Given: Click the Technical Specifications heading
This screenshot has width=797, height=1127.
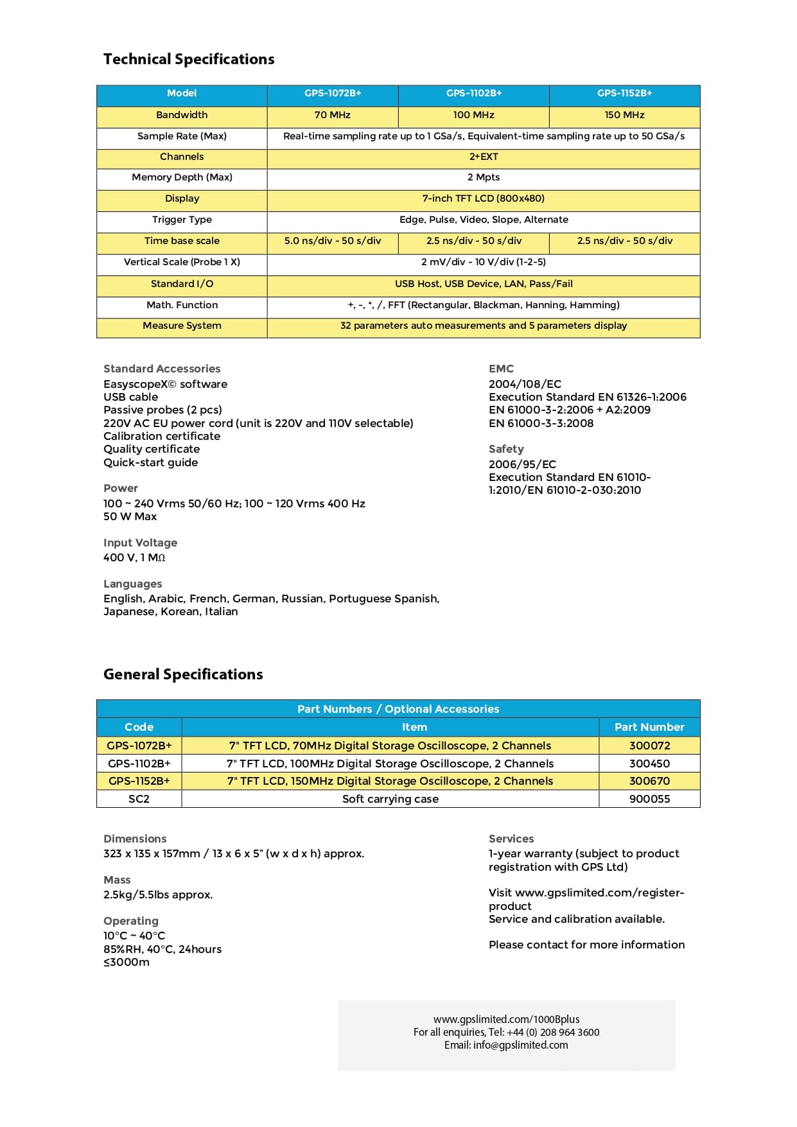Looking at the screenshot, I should click(189, 59).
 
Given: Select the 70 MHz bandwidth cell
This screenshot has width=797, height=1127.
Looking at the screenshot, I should click(332, 115).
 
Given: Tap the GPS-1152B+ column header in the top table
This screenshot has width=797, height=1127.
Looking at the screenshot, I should click(624, 93).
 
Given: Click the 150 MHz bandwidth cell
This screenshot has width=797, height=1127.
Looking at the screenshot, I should click(624, 115).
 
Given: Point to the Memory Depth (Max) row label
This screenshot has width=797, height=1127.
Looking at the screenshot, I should click(182, 177).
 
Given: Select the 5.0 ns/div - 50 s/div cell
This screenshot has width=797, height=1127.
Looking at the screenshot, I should click(332, 241).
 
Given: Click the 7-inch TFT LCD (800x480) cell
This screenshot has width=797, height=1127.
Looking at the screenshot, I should click(483, 198).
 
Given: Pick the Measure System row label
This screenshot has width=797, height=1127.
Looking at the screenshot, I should click(182, 326).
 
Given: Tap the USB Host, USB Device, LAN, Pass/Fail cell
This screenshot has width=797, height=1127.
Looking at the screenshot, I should click(483, 284).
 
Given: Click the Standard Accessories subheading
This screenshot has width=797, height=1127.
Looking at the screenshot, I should click(162, 369).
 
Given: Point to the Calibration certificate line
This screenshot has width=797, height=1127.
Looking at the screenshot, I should click(162, 436).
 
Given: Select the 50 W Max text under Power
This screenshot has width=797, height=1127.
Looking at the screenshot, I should click(130, 516).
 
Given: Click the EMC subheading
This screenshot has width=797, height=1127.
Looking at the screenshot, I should click(501, 369).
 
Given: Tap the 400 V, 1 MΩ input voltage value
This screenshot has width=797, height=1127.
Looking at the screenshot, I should click(134, 557).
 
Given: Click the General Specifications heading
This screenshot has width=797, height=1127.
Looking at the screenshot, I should click(183, 674).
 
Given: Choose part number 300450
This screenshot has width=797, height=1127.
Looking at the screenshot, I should click(649, 764).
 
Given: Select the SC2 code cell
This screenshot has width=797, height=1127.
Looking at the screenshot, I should click(139, 799).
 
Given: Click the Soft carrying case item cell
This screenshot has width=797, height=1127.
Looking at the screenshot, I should click(390, 799).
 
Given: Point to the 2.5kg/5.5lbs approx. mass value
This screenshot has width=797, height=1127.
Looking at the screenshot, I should click(158, 895).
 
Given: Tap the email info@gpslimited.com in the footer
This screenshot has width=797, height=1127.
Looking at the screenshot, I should click(520, 1045).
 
